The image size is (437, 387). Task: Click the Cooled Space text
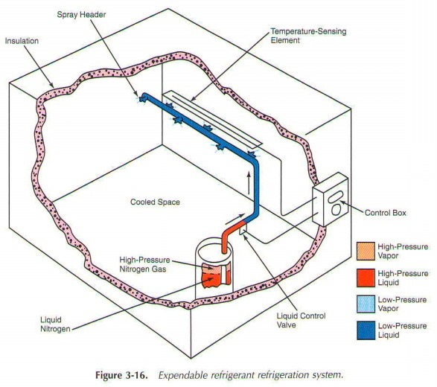[x=155, y=202]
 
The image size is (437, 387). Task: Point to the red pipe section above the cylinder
[x=234, y=226]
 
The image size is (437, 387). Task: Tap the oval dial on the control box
[x=337, y=209]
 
